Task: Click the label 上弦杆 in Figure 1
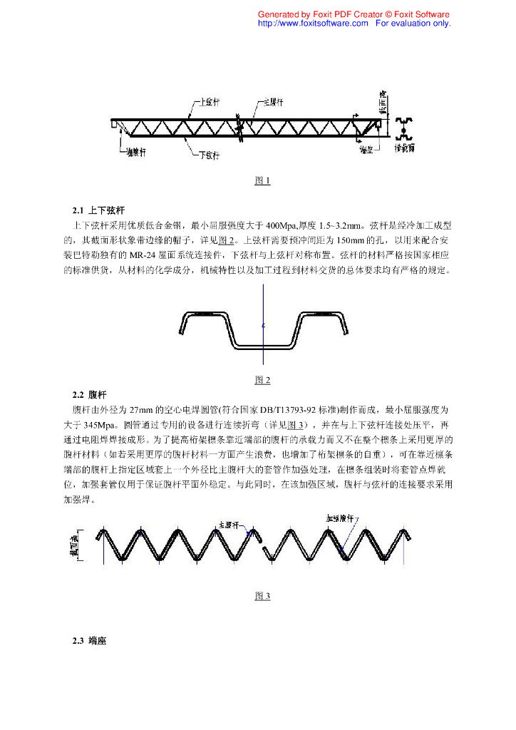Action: coord(207,102)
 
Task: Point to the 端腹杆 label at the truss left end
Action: coord(135,151)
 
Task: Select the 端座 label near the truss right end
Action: coord(367,150)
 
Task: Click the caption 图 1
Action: coord(262,180)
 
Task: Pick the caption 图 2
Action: coord(262,380)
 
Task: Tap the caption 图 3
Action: coord(262,596)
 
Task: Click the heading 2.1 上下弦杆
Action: coord(98,210)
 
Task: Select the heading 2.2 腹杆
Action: coord(89,394)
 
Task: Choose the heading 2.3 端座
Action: coord(89,640)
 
